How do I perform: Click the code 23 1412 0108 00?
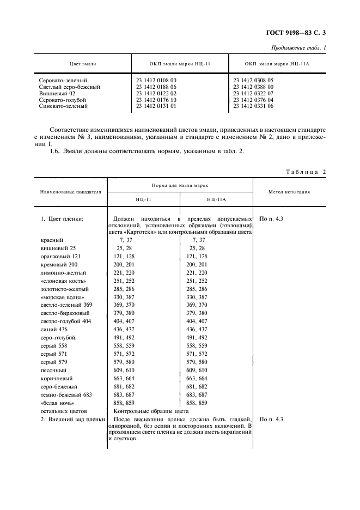click(x=156, y=80)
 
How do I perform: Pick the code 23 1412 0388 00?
click(x=253, y=87)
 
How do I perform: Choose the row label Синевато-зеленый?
click(x=63, y=106)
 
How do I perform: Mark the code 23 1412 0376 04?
click(x=253, y=100)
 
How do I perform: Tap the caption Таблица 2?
click(x=306, y=172)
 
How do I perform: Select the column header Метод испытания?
click(x=289, y=192)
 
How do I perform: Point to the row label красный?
click(x=52, y=240)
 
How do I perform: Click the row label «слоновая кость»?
click(x=63, y=281)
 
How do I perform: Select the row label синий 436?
click(x=54, y=330)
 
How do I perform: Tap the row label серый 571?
click(x=54, y=354)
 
